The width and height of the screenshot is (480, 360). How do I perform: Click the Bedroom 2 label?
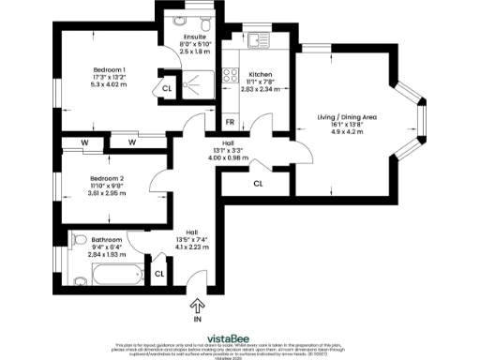(x=107, y=178)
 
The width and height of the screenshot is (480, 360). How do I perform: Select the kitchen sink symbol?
(x=256, y=39)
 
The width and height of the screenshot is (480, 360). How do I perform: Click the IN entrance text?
(x=198, y=320)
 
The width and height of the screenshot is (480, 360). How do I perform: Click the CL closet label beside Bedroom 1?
(x=166, y=88)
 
